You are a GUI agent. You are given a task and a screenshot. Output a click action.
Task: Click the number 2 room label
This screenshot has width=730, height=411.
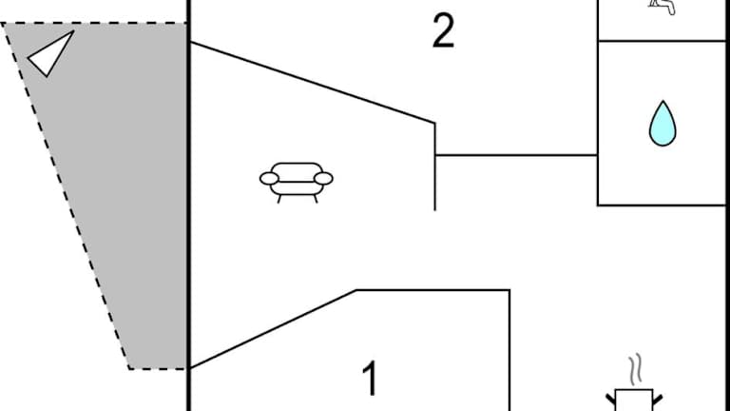tap(443, 31)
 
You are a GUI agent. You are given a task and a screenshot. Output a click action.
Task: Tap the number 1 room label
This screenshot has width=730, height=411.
tap(371, 379)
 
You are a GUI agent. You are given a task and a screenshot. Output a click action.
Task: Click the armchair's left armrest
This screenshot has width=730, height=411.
tap(270, 178)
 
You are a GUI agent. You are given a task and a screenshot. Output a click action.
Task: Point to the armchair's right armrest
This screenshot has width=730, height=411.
tap(323, 178)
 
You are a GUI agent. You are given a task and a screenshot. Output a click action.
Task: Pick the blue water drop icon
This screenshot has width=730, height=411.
tap(662, 124)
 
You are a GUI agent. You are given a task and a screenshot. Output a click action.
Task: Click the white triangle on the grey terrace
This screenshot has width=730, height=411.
tap(50, 53)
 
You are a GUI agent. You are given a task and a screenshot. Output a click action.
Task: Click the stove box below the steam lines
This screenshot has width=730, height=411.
tap(634, 401)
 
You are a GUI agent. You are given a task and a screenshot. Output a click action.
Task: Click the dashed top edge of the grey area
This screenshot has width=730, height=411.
tap(95, 23)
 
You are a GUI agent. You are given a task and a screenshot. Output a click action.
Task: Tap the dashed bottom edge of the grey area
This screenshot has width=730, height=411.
tap(158, 368)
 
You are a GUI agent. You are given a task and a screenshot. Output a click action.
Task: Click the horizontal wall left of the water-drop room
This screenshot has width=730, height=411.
tap(516, 154)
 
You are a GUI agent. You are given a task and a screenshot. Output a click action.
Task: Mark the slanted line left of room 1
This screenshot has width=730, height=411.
tap(273, 329)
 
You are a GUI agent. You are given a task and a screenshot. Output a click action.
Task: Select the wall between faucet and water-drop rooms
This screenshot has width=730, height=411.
tap(662, 41)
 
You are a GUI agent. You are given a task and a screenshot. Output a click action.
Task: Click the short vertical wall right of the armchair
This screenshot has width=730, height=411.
tap(435, 166)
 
